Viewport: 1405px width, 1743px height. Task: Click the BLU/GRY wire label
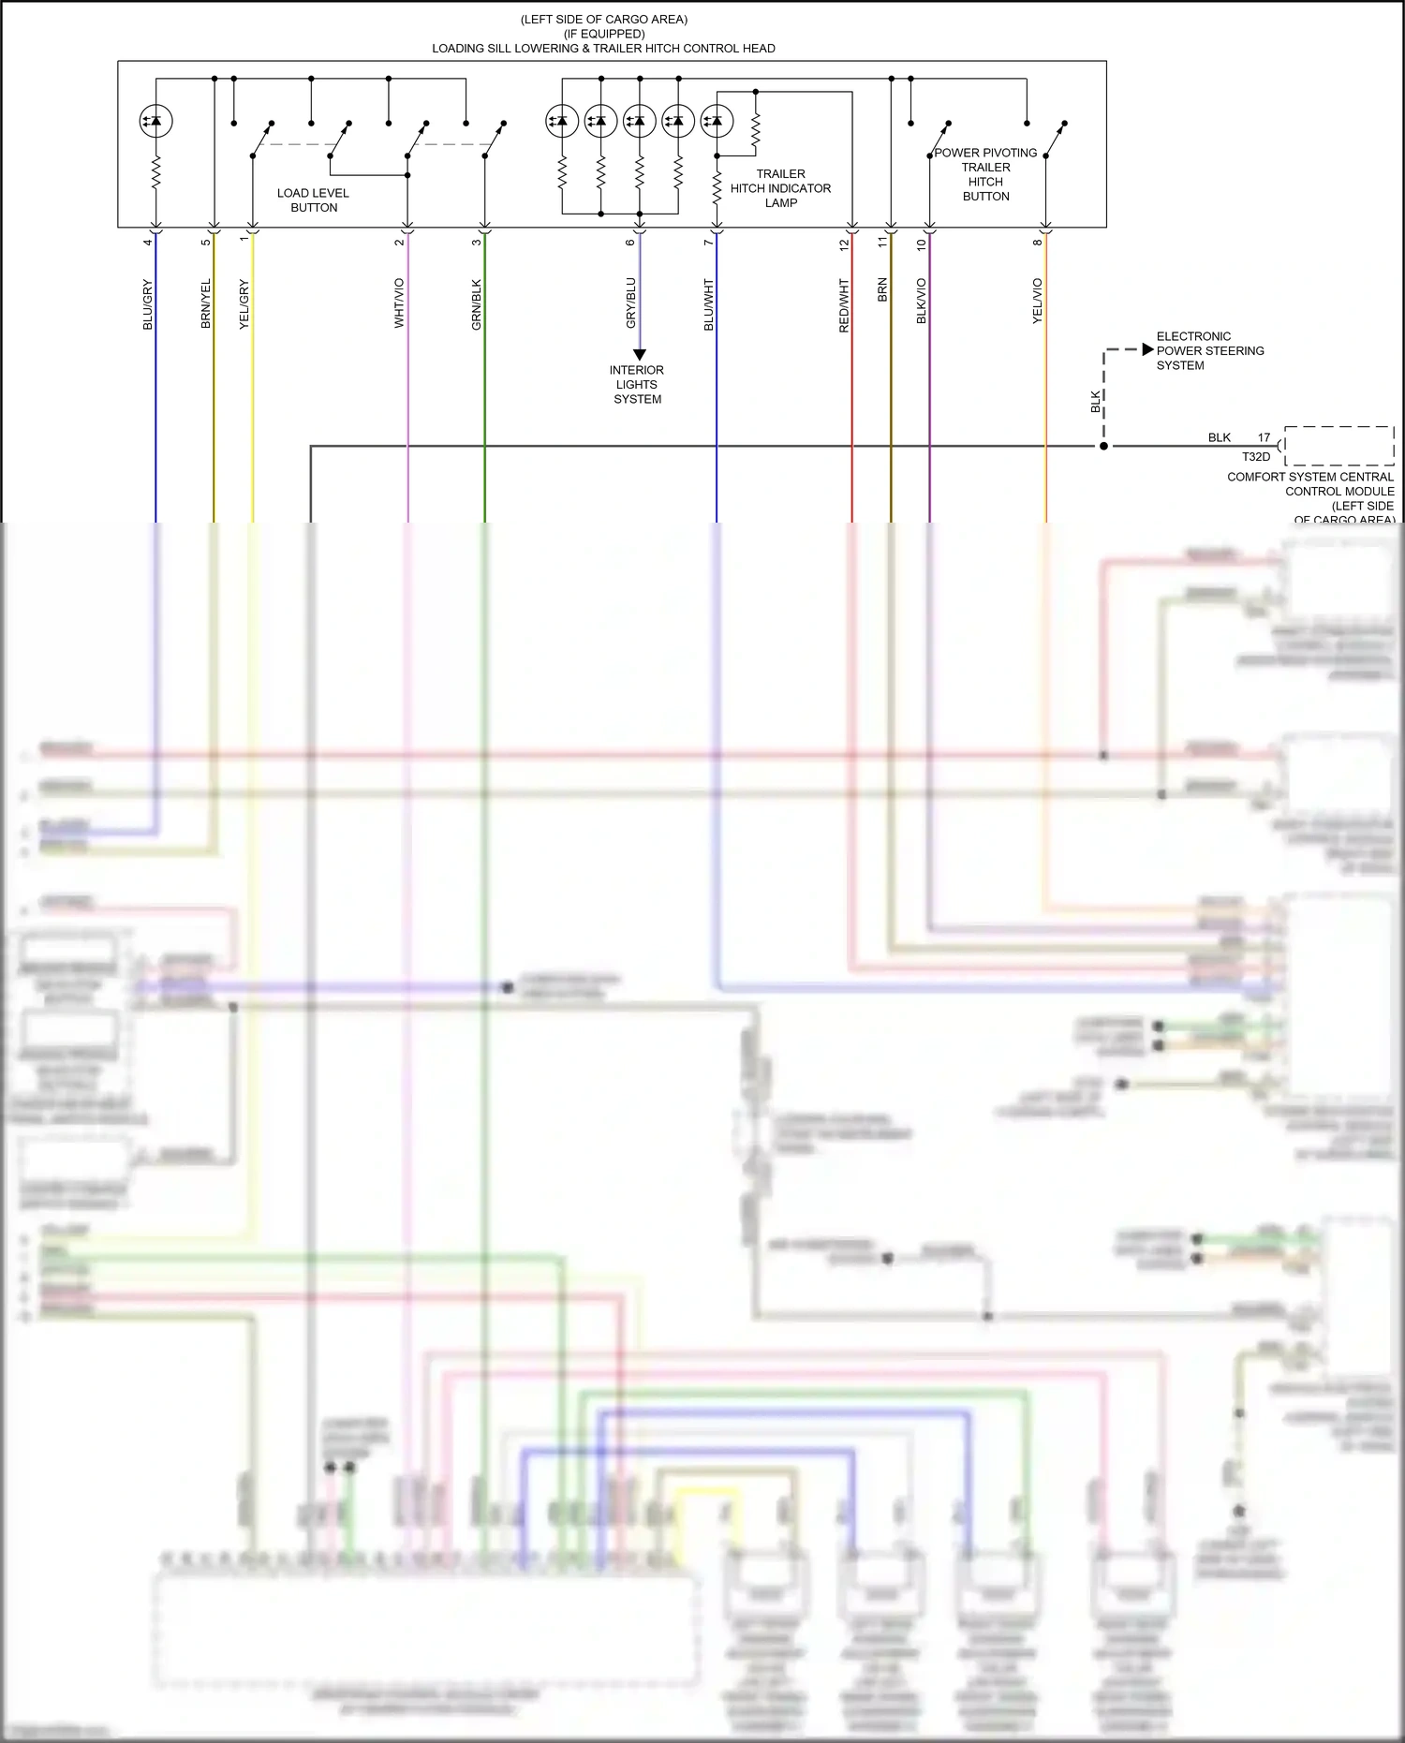click(147, 304)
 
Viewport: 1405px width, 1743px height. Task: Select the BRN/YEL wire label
click(206, 303)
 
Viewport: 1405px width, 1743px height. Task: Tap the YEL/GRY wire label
click(244, 304)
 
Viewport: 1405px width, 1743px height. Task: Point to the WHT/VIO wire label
click(399, 303)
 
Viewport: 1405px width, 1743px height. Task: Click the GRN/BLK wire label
click(476, 304)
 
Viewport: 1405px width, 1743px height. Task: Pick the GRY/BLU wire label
click(630, 303)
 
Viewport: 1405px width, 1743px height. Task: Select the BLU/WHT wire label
click(708, 304)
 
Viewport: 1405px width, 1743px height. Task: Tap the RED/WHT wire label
click(844, 305)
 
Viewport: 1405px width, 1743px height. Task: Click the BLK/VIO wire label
click(922, 302)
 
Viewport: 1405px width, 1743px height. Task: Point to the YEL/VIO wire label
click(1037, 302)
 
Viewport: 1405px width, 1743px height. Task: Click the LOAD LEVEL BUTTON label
click(313, 200)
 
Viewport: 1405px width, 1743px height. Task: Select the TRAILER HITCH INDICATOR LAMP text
click(780, 188)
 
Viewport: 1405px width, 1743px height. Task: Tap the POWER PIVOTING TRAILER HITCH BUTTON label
click(985, 174)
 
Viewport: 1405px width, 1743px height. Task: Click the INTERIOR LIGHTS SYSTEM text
click(637, 385)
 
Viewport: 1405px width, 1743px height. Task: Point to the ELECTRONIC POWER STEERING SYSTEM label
click(1209, 351)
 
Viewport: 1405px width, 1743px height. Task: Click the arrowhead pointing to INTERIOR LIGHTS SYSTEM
click(640, 355)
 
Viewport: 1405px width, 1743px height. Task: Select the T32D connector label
click(1256, 457)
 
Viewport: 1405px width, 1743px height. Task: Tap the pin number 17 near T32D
click(1264, 437)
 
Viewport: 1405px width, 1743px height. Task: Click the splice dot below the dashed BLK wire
click(1104, 446)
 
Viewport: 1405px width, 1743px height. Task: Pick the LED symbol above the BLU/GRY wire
click(155, 121)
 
